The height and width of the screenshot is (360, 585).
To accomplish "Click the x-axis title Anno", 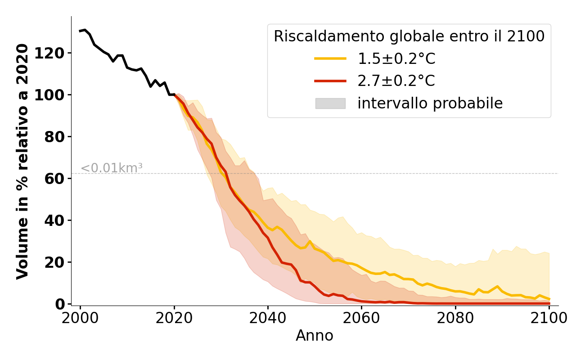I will [x=315, y=336].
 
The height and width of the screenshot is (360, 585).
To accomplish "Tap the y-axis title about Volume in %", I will [x=22, y=161].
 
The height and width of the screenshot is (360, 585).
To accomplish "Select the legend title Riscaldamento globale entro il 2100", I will [x=409, y=36].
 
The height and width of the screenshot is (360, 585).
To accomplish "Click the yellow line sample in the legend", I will [x=330, y=58].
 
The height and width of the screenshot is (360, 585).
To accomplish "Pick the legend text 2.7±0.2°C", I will [x=396, y=81].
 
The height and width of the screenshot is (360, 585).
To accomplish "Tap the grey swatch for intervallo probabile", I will [x=330, y=103].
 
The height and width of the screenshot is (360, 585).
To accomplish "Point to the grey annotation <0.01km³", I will [x=111, y=168].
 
